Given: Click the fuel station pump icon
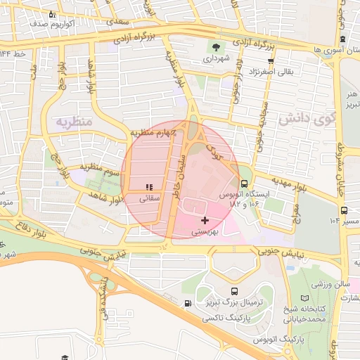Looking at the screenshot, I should (x=187, y=304).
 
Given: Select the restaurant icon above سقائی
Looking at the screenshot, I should (x=148, y=187).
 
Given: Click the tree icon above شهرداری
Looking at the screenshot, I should (x=215, y=48).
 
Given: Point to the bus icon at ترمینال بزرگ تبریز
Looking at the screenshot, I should (x=233, y=290).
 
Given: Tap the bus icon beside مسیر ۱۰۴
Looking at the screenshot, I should (x=344, y=210).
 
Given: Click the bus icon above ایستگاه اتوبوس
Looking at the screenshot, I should (x=244, y=184).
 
